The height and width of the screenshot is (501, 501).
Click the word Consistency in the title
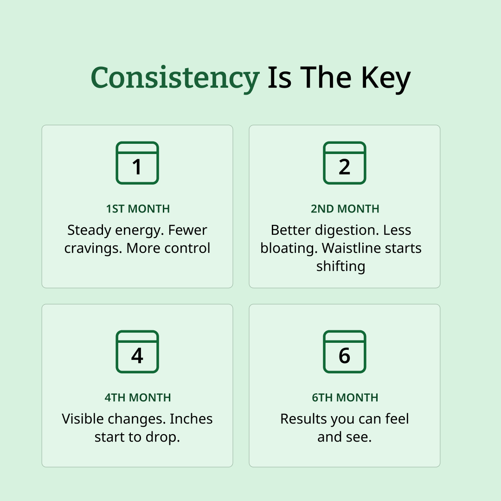175,77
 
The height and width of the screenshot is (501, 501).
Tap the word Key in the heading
385,77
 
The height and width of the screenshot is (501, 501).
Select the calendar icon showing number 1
137,163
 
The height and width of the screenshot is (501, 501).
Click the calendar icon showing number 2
344,163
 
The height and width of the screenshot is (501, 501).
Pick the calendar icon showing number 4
137,352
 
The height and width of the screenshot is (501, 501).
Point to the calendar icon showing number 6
344,352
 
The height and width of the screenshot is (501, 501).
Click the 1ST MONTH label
138,209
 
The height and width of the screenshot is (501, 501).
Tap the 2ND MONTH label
345,209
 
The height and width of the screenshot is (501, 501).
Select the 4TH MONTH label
138,398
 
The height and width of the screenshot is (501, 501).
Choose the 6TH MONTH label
345,398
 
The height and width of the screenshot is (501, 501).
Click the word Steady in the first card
89,231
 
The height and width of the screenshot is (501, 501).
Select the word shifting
340,266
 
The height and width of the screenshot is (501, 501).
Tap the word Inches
191,419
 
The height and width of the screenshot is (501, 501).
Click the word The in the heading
326,77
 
